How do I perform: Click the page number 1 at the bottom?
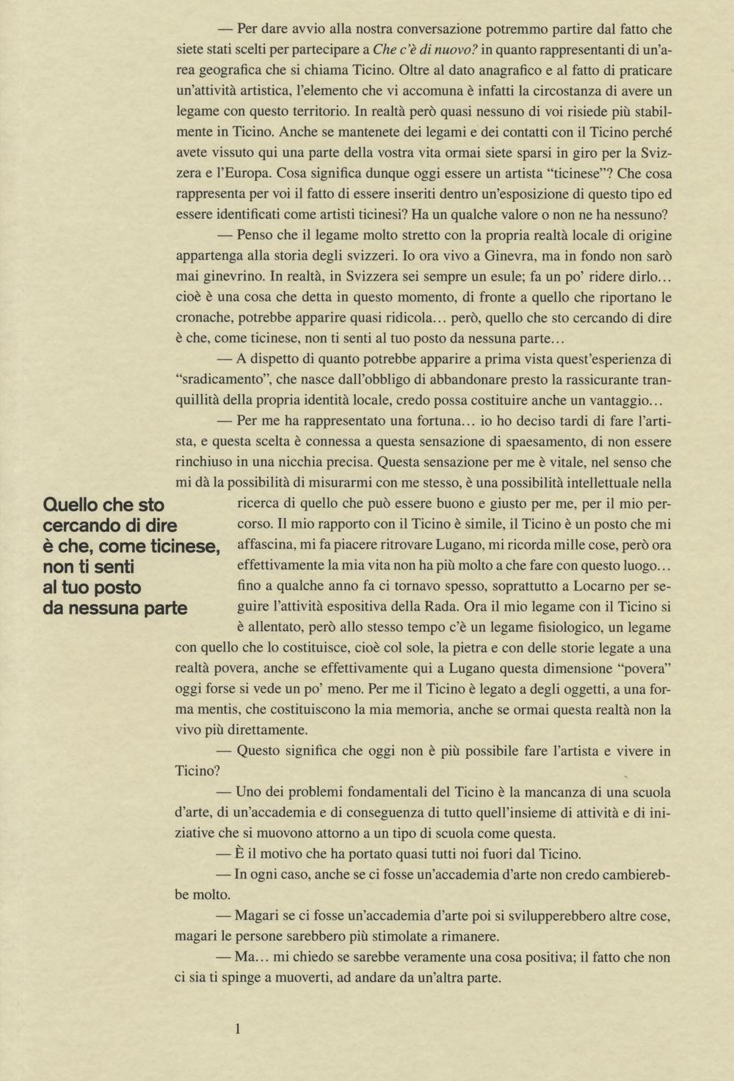(238, 1029)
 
